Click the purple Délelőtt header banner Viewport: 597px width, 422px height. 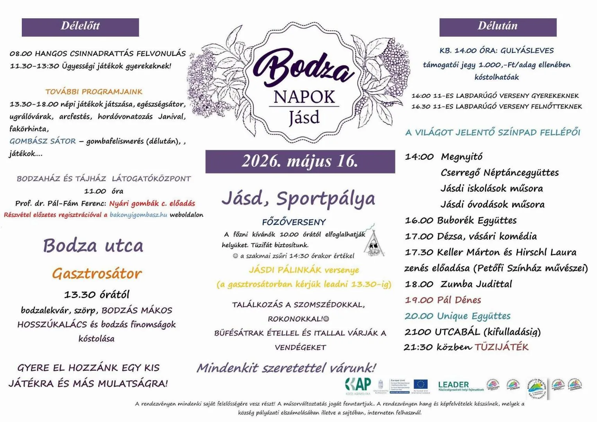point(80,27)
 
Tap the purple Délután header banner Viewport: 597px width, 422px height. point(498,27)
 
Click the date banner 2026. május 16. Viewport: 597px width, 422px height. point(300,161)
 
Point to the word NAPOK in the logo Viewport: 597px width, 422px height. point(304,97)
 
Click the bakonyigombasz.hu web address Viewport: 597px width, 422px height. point(138,215)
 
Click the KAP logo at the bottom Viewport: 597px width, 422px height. point(358,385)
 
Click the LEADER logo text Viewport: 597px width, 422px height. point(454,385)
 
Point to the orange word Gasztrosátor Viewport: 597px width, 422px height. point(97,274)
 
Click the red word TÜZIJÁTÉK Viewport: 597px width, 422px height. point(502,347)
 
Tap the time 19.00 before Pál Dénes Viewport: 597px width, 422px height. point(419,300)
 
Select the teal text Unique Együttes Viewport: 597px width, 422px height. point(474,316)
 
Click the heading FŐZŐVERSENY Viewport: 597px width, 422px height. point(294,222)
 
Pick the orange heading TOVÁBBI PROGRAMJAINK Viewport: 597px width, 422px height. point(94,92)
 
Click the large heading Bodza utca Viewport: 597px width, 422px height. point(93,246)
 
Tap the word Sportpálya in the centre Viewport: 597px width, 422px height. point(325,199)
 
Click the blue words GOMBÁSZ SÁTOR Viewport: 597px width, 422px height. point(43,141)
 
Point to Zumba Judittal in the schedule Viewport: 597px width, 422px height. point(476,284)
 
